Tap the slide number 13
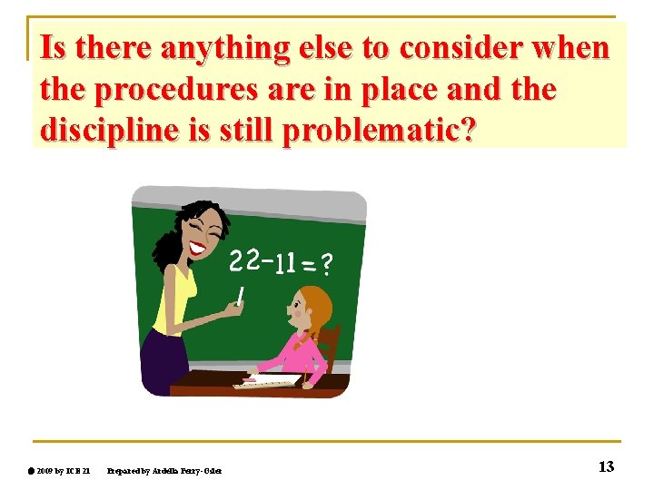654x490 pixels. (x=606, y=466)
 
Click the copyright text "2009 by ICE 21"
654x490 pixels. (x=64, y=469)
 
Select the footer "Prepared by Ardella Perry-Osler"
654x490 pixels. (x=163, y=469)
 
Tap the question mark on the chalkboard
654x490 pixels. (x=326, y=264)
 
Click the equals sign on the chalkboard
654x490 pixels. (x=308, y=266)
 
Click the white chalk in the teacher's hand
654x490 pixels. (x=242, y=294)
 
